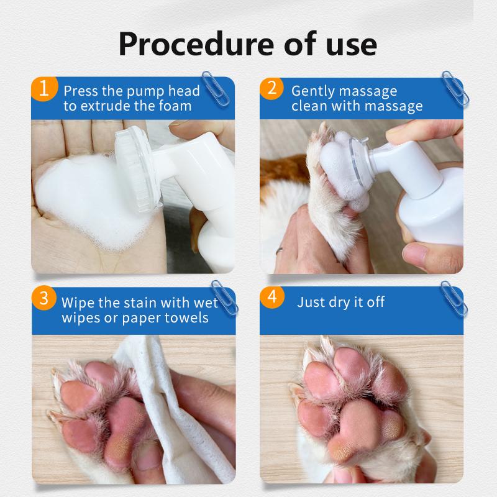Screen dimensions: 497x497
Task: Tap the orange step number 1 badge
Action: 43,88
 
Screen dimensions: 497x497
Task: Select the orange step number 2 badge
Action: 271,88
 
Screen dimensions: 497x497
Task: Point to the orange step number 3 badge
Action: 43,297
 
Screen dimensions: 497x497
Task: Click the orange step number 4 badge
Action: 271,297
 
